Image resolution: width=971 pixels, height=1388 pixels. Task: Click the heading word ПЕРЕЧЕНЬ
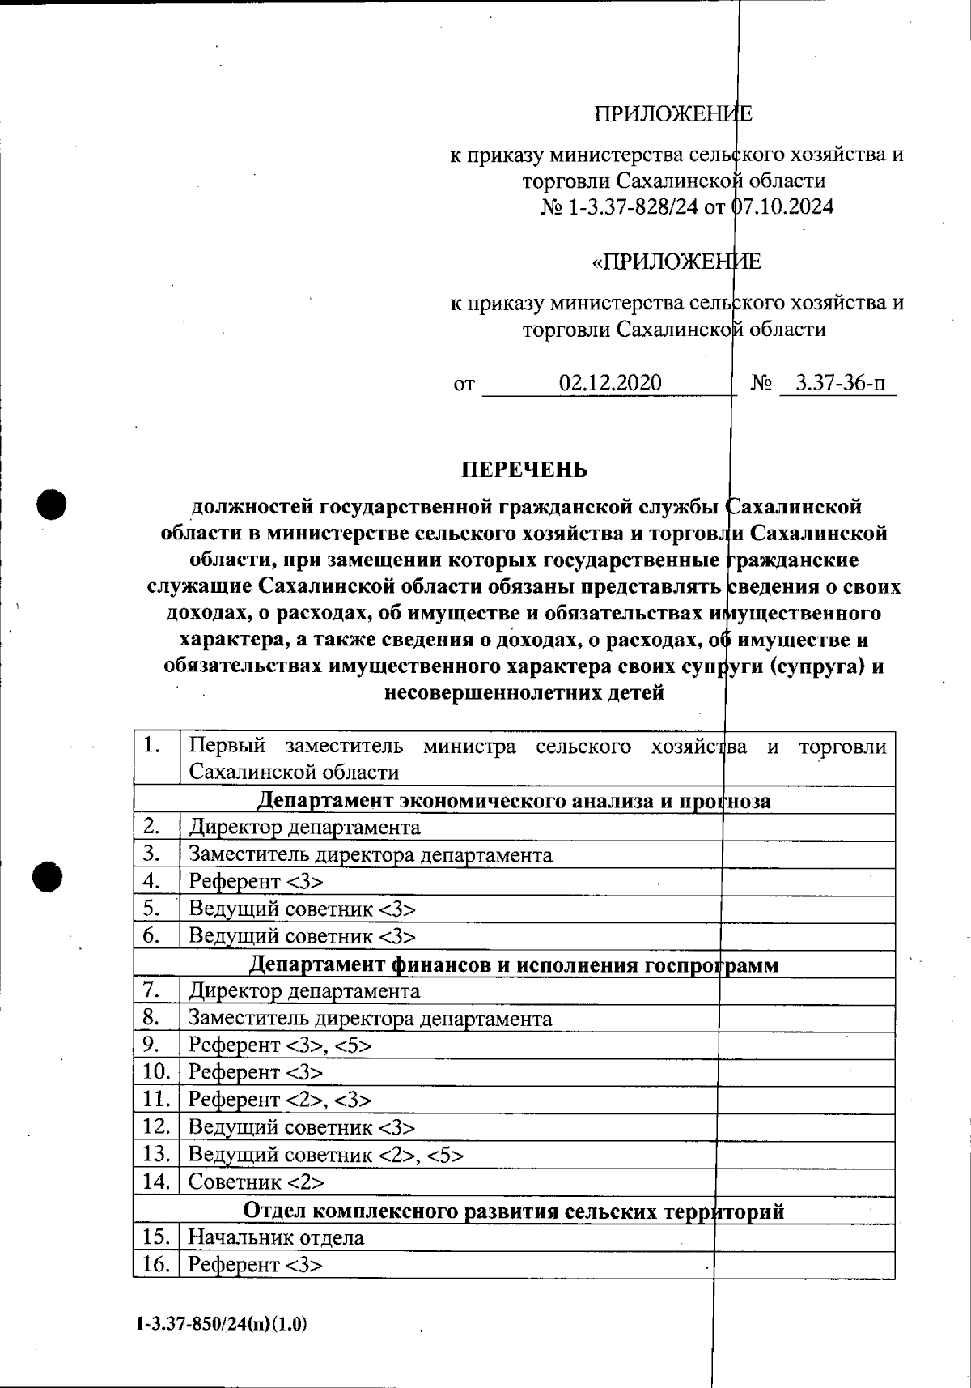524,470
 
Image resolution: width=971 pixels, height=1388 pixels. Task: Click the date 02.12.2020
610,383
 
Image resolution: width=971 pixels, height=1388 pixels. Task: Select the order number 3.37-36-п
839,383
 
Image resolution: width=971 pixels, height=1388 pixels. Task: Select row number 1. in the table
151,746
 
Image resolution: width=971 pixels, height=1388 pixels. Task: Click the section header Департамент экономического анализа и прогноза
514,801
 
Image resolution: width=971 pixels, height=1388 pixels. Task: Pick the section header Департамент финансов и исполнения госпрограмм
514,964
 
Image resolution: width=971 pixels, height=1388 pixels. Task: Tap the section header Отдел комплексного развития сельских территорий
514,1211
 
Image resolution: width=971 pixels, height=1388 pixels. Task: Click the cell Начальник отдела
276,1237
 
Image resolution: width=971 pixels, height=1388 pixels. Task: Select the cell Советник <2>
256,1182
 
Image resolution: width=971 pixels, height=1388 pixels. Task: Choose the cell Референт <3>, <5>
280,1045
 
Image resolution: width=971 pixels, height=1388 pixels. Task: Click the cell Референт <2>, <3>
280,1100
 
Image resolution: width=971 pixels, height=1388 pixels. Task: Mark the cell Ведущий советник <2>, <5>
326,1155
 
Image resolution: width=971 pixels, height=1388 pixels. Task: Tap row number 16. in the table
155,1264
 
